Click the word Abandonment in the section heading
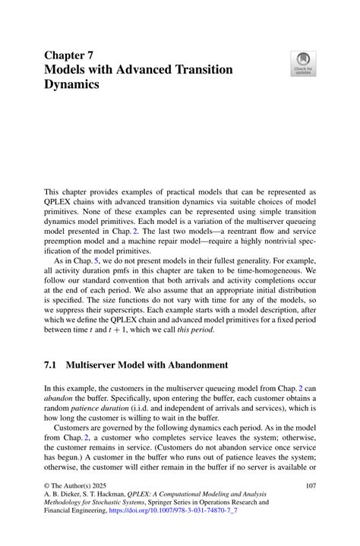tap(189, 365)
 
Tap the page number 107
tap(310, 485)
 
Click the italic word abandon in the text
tap(60, 399)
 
